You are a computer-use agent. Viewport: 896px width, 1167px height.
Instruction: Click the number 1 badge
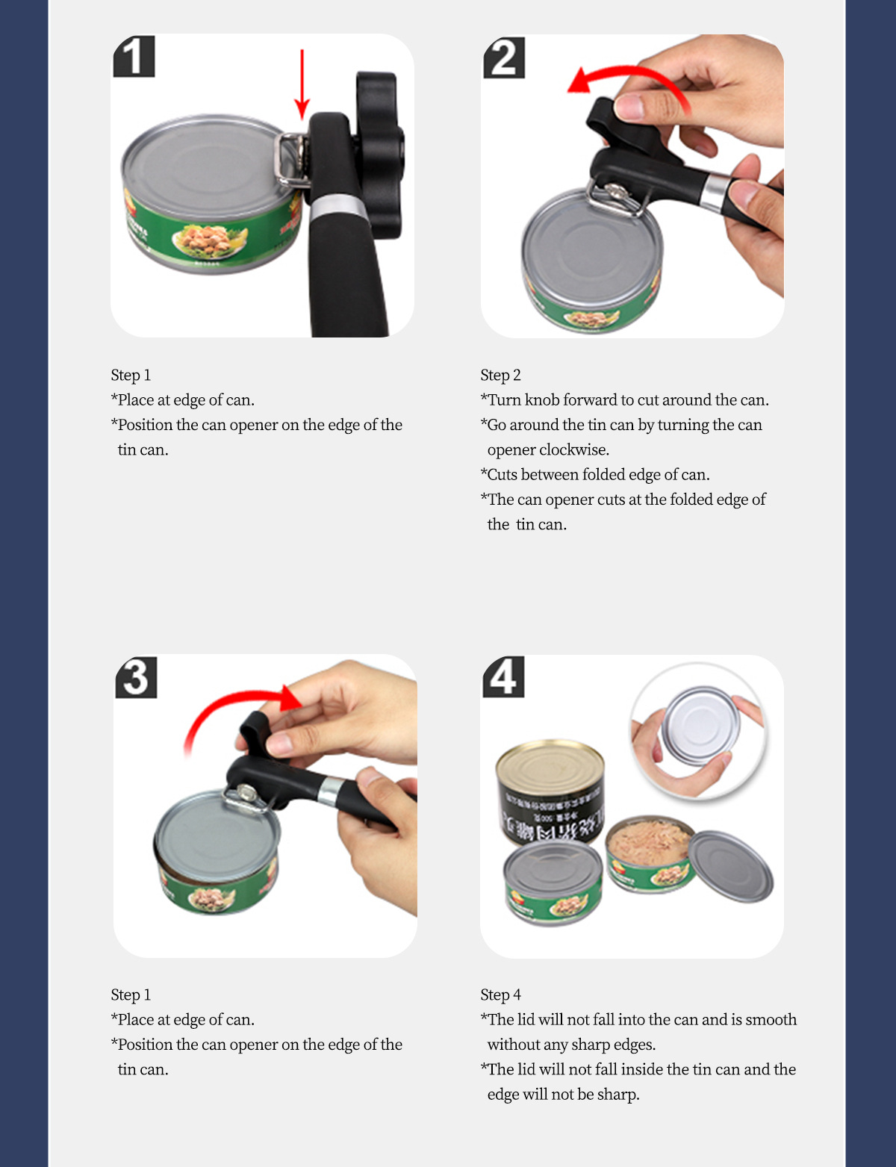click(x=134, y=57)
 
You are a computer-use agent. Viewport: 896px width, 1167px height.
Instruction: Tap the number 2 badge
click(x=503, y=57)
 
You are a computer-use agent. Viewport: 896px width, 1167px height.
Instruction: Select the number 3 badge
click(x=137, y=676)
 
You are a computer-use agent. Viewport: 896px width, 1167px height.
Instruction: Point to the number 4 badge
click(x=503, y=676)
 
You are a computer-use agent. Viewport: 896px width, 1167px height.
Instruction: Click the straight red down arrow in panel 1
click(x=302, y=84)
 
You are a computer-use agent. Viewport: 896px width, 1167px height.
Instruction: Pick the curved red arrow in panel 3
click(x=236, y=697)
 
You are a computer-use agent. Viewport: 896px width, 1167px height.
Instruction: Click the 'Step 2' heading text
click(x=500, y=375)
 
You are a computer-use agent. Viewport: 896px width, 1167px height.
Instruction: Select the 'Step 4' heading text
click(x=500, y=995)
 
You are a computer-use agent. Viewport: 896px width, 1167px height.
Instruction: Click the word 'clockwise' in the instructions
click(x=574, y=449)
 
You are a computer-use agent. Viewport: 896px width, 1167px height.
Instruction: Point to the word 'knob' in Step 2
click(x=542, y=399)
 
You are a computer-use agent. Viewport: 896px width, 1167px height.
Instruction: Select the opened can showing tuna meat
click(x=650, y=854)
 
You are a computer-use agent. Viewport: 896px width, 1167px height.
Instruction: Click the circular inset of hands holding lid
click(x=698, y=731)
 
